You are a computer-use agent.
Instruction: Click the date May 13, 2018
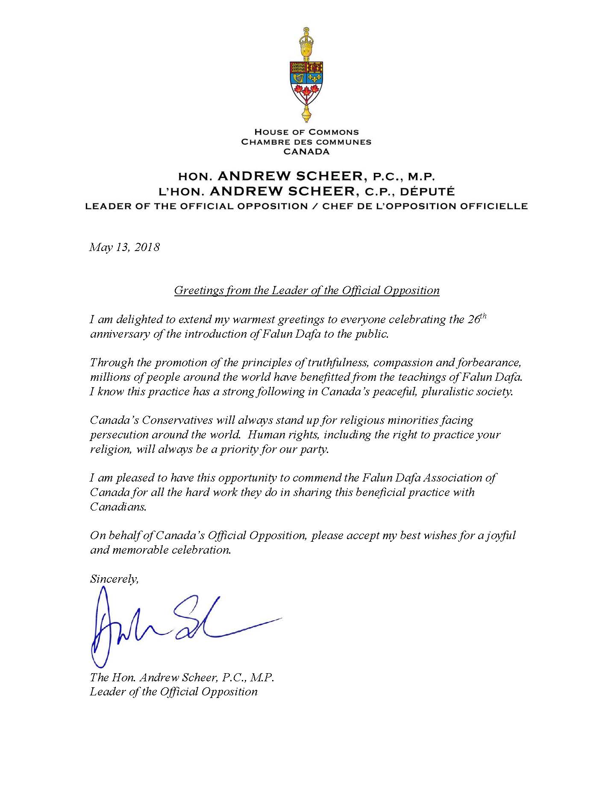124,247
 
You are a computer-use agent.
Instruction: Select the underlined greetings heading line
306,291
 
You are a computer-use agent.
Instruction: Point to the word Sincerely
114,579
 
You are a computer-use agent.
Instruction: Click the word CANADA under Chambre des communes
306,151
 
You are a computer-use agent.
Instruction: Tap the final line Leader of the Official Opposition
173,692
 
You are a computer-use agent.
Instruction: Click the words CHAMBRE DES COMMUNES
306,142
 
